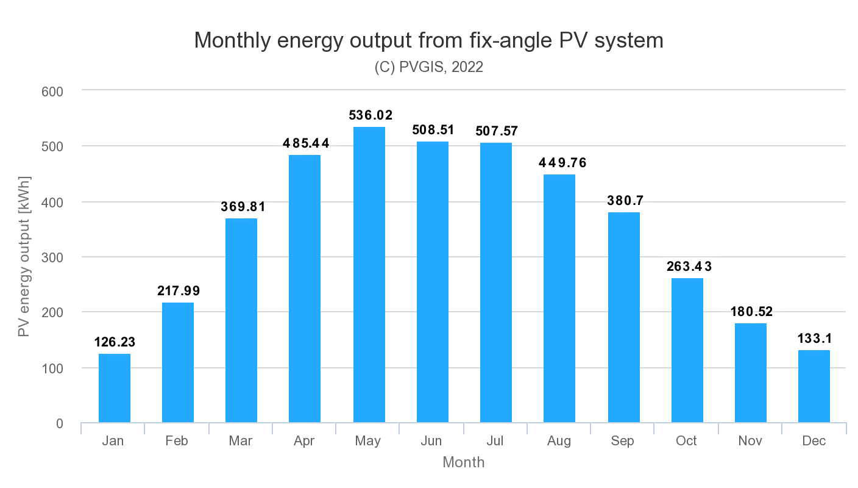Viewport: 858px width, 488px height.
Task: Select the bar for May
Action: [369, 274]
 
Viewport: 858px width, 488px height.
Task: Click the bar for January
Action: [115, 388]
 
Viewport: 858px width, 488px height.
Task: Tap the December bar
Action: [814, 386]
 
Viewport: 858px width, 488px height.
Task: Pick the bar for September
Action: [623, 317]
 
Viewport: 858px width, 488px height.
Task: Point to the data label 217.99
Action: [178, 291]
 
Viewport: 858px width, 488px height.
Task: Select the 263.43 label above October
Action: [687, 267]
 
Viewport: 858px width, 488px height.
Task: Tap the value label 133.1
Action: [814, 339]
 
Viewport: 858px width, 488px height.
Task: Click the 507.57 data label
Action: [495, 131]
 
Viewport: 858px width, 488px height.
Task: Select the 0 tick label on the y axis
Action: [59, 423]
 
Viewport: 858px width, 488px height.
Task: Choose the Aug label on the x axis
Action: [559, 441]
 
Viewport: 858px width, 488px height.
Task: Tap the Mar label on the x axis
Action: [241, 441]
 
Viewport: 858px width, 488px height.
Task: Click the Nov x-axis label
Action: [750, 441]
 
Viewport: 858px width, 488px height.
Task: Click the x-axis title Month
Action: [463, 462]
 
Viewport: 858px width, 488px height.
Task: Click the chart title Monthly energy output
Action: [428, 41]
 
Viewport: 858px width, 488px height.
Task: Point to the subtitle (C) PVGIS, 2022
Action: [428, 67]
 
